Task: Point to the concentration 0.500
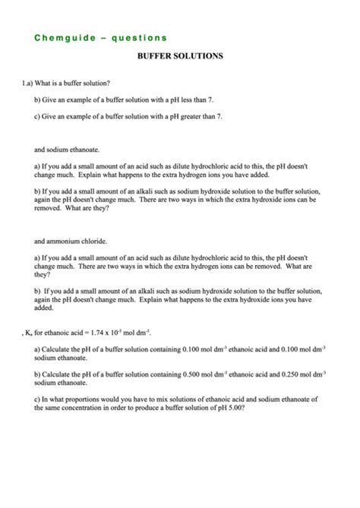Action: (x=195, y=374)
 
